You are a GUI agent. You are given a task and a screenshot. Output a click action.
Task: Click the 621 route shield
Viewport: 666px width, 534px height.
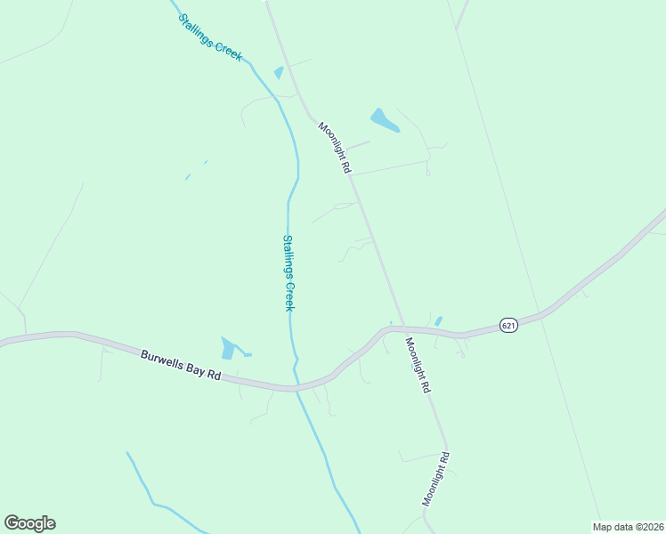coord(508,325)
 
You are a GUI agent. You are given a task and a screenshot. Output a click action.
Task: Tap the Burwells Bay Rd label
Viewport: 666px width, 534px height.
coord(181,365)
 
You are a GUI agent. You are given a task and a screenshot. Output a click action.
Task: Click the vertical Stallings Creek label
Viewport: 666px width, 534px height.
coord(288,272)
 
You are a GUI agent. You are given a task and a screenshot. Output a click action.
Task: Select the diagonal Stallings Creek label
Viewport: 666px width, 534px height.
coord(210,36)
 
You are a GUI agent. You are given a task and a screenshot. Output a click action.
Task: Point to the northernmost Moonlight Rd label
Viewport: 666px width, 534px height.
coord(333,147)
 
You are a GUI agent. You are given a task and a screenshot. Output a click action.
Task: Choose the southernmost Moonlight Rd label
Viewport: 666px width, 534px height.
coord(436,479)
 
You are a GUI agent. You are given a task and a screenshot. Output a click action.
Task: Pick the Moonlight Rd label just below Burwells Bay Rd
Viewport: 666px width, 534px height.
coord(418,365)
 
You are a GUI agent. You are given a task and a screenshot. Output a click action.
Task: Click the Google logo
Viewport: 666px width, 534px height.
coord(29,523)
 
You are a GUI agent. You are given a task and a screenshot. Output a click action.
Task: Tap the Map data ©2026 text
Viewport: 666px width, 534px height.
coord(628,527)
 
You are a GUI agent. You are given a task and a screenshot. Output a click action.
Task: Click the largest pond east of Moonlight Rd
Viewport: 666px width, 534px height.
coord(385,120)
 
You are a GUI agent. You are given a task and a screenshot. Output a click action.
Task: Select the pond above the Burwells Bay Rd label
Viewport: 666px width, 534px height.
coord(229,348)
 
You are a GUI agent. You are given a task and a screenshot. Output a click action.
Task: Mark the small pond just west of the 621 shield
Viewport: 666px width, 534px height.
coord(438,320)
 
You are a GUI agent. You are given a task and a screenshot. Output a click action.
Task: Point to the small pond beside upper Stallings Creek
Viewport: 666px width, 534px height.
coord(279,73)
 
